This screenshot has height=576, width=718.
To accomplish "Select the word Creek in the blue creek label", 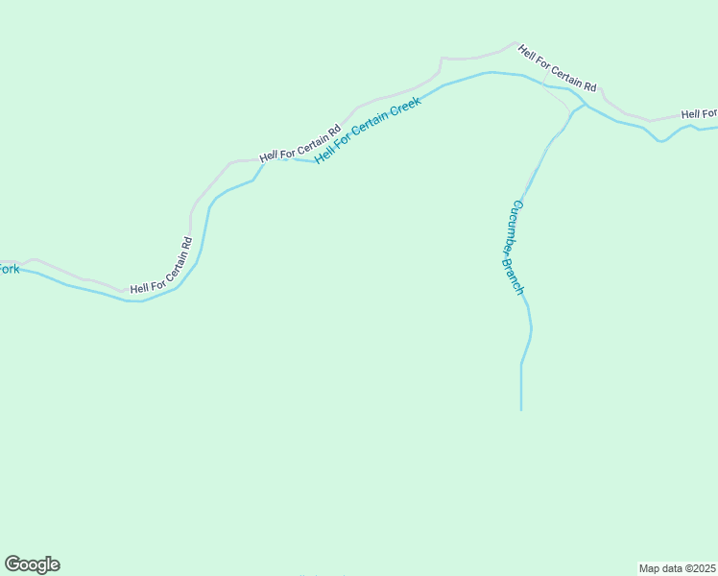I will (x=404, y=110).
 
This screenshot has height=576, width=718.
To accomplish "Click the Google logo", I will (x=32, y=564).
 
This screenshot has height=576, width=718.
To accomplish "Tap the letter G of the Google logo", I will (x=12, y=564).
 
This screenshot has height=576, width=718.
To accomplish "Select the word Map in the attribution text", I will (x=650, y=568).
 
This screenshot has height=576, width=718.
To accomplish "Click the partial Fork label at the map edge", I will (x=9, y=270).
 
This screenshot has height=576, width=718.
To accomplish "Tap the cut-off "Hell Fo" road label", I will (x=699, y=114).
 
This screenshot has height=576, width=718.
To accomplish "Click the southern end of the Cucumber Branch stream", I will (x=521, y=408).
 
